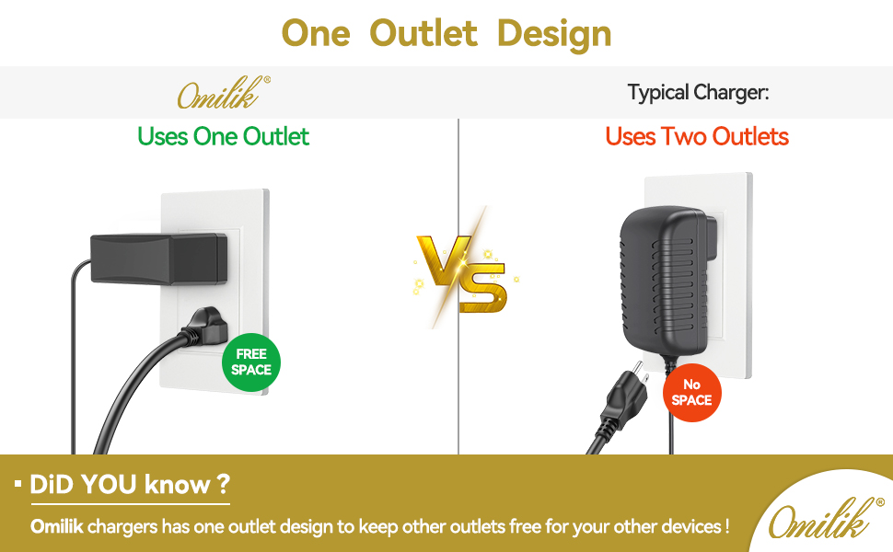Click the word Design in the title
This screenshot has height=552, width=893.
coord(554,33)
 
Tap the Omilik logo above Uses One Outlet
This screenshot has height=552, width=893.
coord(223,93)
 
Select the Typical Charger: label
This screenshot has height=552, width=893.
coord(698,92)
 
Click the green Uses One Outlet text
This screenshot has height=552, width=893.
coord(223,136)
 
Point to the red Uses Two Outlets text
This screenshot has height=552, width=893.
coord(697,136)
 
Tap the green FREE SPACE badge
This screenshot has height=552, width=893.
coord(251,362)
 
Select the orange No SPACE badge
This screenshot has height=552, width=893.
coord(692,393)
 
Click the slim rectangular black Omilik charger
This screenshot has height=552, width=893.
coord(159,259)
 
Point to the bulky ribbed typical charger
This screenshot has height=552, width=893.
coord(666,281)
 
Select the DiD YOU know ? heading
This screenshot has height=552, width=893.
coord(130,485)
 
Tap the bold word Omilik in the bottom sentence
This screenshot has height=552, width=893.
coord(56,526)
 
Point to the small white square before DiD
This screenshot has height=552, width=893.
coord(18,484)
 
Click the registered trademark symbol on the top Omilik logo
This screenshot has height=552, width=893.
coord(267,80)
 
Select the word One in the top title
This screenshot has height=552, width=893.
coord(316,33)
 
